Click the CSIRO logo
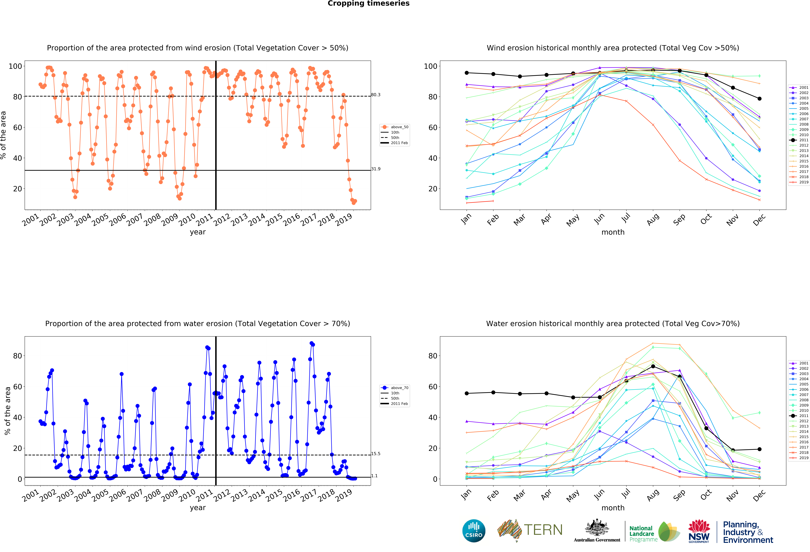(x=474, y=531)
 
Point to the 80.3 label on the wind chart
(x=376, y=95)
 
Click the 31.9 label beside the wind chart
(x=376, y=169)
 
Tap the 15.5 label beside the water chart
(x=376, y=454)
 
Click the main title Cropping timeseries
(x=368, y=3)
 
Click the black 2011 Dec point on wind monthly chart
(x=759, y=99)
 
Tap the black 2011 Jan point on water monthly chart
(x=467, y=393)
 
